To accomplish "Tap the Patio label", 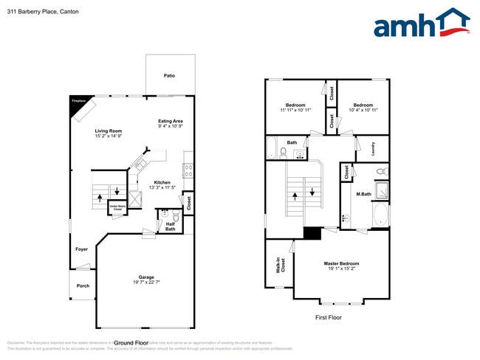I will (169, 75).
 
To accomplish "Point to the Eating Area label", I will (170, 121).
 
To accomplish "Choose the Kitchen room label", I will (162, 182).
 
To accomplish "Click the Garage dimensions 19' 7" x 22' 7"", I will (146, 282).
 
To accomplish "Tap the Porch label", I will (83, 285).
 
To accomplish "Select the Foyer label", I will (81, 249).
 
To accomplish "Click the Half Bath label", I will (170, 226).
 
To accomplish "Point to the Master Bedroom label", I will (341, 263).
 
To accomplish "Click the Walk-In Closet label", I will (278, 263).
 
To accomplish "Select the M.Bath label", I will (363, 195).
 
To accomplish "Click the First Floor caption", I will (328, 317).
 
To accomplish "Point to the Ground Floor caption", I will (131, 343).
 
